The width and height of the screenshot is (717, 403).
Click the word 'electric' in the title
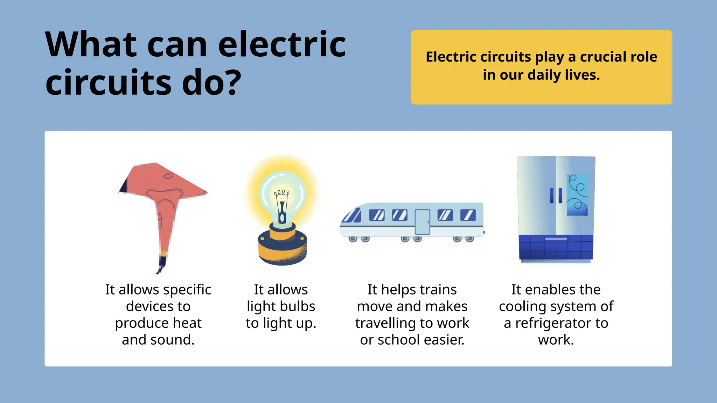point(282,44)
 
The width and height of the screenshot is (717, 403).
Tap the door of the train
point(422,222)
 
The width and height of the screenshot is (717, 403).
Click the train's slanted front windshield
point(352,215)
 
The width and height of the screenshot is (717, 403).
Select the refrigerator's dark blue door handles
point(556,196)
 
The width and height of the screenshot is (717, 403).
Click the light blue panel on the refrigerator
point(578,195)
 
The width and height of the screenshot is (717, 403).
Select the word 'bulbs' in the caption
point(298,306)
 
